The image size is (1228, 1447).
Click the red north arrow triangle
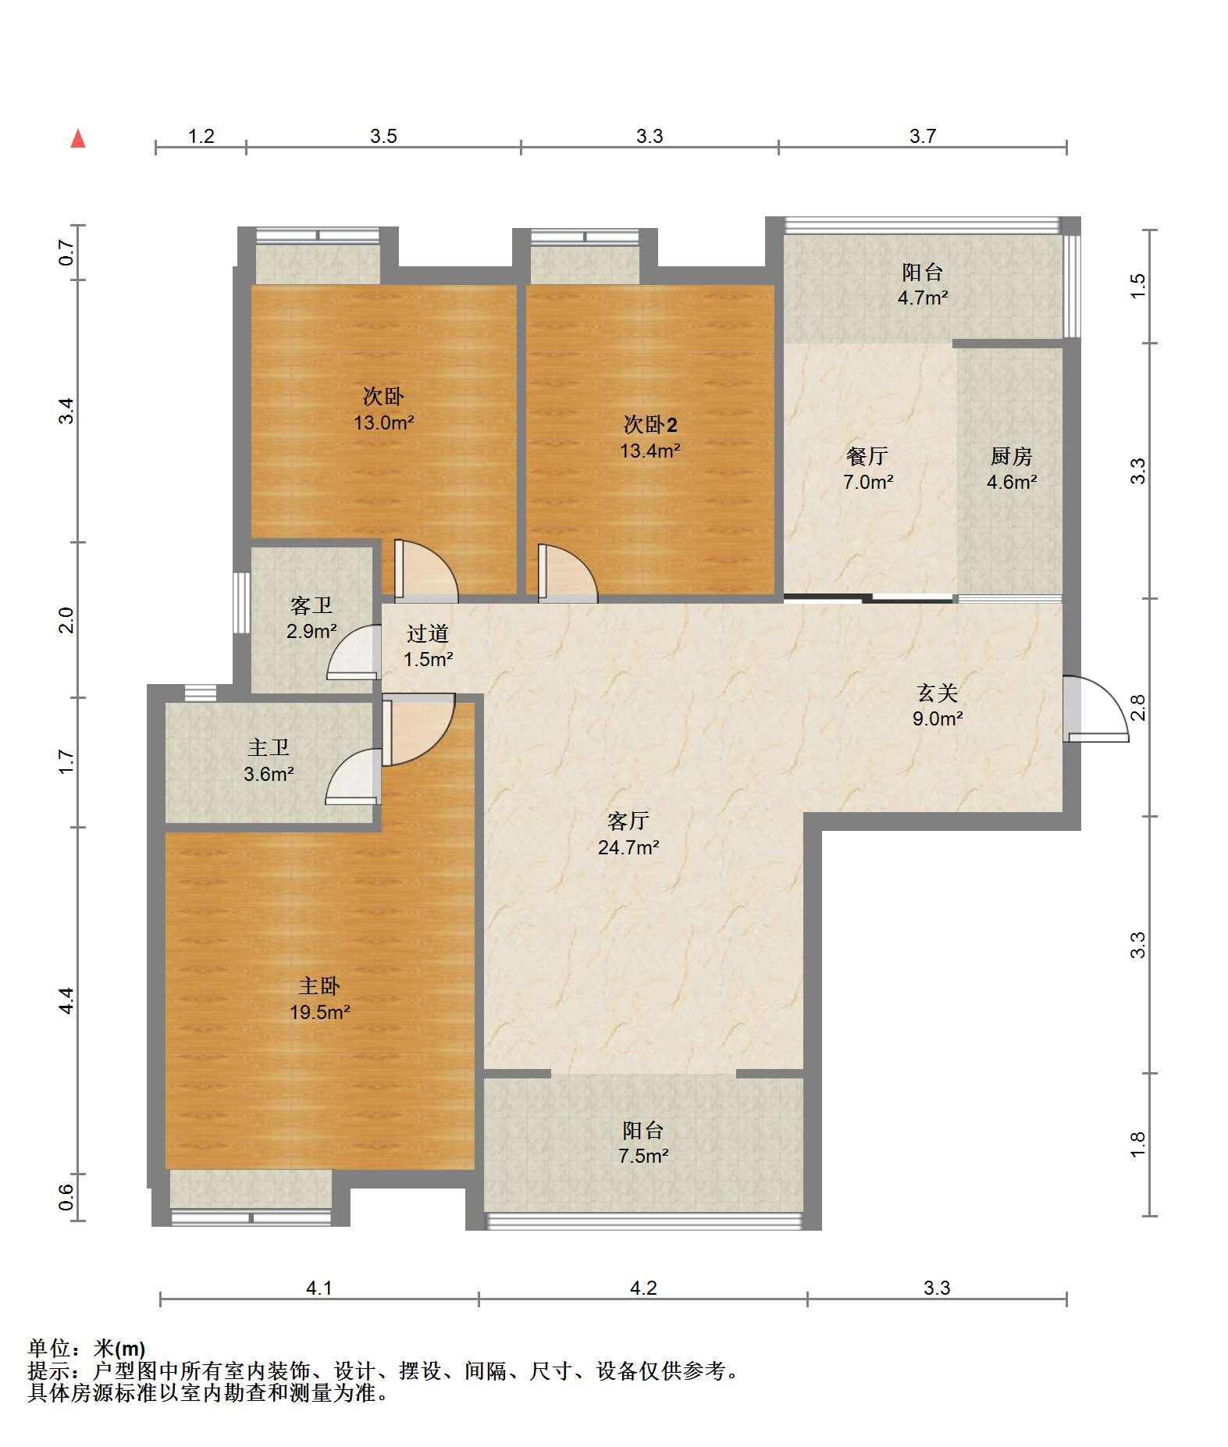(78, 139)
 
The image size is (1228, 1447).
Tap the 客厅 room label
(628, 821)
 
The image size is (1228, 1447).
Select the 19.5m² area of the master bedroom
(319, 1013)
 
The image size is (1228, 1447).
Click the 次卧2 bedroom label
(650, 425)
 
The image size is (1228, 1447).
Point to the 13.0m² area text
(383, 423)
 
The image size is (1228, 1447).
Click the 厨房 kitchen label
(1011, 456)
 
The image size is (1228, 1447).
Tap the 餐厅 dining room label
(867, 456)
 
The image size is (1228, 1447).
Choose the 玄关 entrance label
(937, 693)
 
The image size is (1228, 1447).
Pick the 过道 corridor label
(428, 633)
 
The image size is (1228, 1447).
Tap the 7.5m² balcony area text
(643, 1157)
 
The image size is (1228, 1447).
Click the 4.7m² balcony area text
(923, 298)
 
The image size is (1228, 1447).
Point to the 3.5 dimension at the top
(383, 137)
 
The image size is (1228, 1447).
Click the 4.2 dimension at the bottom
(643, 1288)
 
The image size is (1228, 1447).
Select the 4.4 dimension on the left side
(66, 1000)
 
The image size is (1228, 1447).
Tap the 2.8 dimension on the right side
(1138, 707)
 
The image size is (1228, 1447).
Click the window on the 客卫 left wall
(242, 604)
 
